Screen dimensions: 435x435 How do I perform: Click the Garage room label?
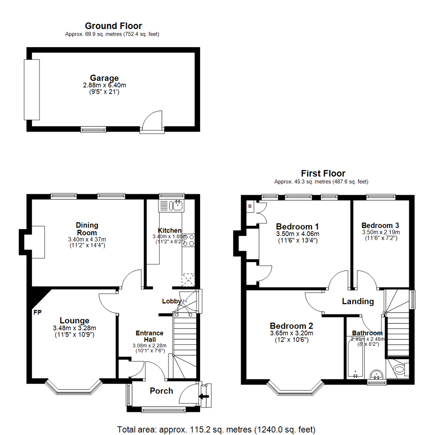104,78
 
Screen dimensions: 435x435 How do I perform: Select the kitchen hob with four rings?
188,240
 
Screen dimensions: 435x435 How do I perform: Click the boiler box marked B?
250,207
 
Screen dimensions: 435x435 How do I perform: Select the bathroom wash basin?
377,374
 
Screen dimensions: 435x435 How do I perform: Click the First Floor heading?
323,173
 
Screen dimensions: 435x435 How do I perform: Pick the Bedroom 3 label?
381,225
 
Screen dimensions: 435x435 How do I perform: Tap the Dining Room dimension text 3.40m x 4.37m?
87,239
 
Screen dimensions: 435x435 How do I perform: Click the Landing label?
358,301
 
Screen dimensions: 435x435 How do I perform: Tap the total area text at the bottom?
216,429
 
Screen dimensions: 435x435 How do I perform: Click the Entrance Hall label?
149,336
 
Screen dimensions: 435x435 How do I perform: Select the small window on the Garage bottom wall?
93,129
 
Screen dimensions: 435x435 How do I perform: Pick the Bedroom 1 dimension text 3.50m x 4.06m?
298,234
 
